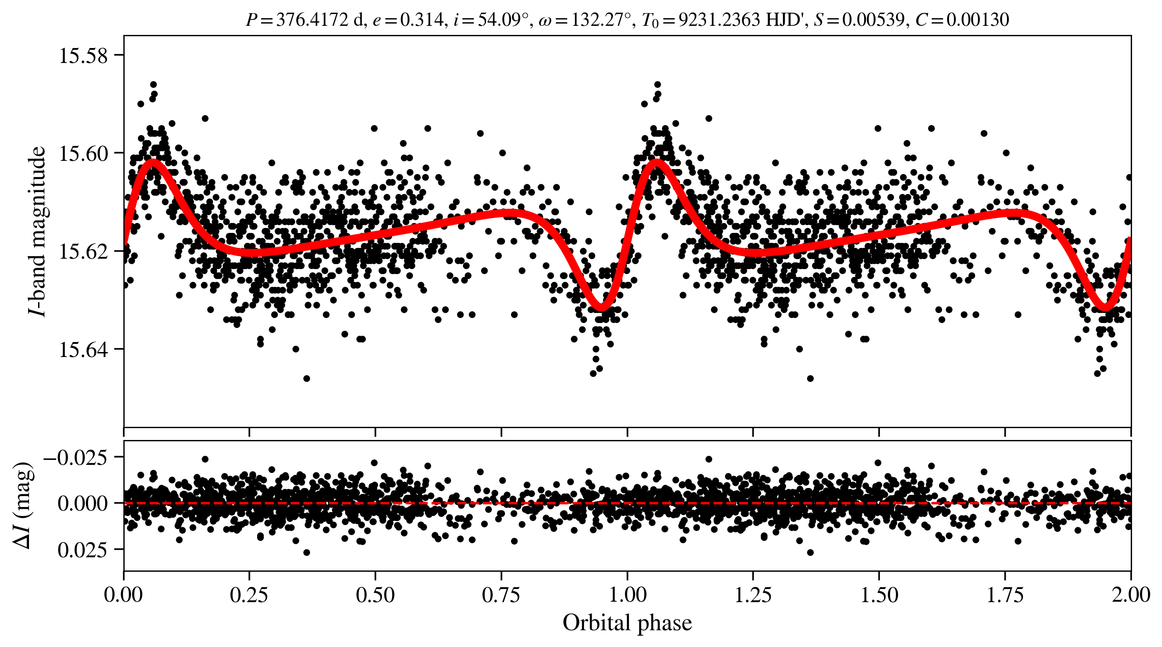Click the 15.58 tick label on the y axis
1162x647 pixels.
(83, 56)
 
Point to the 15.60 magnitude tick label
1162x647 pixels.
(83, 154)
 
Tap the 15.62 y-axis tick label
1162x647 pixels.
(83, 251)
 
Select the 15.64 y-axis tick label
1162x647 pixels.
(83, 350)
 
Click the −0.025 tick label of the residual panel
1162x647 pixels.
(76, 457)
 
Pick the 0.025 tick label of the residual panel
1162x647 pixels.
(83, 550)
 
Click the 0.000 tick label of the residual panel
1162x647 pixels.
(83, 503)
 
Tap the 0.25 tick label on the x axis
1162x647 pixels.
(249, 595)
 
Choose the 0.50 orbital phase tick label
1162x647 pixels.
(375, 595)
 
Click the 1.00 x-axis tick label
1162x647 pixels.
(627, 595)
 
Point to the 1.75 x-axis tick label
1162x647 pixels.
(1005, 595)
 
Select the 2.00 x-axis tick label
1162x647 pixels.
(1131, 595)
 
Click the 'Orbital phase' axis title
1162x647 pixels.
(627, 623)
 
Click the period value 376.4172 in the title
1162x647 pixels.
(312, 20)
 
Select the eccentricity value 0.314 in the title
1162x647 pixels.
(421, 20)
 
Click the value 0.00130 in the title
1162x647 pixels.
(977, 20)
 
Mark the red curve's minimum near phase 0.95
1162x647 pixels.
(602, 308)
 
